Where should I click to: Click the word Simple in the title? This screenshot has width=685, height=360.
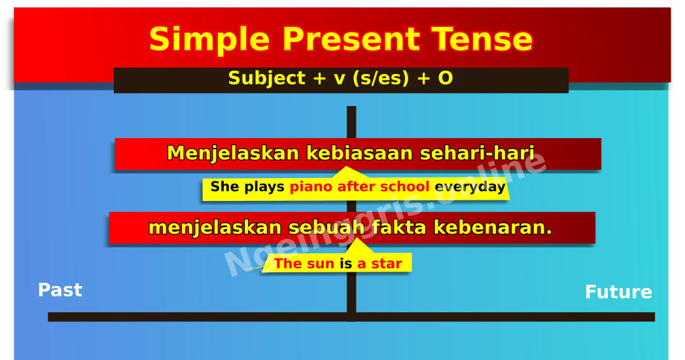click(209, 41)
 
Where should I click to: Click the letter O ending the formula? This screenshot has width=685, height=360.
click(445, 79)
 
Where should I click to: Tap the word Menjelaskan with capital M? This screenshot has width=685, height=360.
click(232, 154)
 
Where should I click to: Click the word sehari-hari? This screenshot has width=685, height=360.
click(477, 154)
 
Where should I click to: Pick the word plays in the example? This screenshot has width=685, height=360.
click(264, 187)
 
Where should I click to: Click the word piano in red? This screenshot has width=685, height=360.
click(311, 187)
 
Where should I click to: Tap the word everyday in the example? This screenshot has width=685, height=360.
click(470, 187)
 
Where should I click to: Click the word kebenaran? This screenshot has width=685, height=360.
click(493, 228)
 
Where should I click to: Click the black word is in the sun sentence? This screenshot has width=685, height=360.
click(345, 264)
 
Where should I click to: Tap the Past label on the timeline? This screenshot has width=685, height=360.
click(60, 291)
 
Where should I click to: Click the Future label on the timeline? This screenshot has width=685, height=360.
click(618, 293)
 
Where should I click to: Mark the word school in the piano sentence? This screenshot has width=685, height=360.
click(398, 187)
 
